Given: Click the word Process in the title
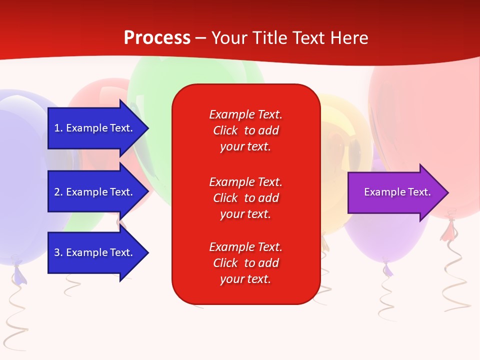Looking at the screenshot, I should coord(157,38).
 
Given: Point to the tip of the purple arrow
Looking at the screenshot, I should coord(447,192).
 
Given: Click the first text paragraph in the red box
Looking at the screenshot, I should coord(245,130).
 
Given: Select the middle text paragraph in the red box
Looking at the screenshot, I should coord(245,197).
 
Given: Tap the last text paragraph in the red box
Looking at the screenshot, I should coord(245,263).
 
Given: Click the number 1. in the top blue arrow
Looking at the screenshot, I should coord(58,128).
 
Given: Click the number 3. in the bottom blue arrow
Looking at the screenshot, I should coord(58,252).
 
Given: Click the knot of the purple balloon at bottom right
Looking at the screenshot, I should coord(387,267).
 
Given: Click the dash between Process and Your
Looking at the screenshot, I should coord(201,38).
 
